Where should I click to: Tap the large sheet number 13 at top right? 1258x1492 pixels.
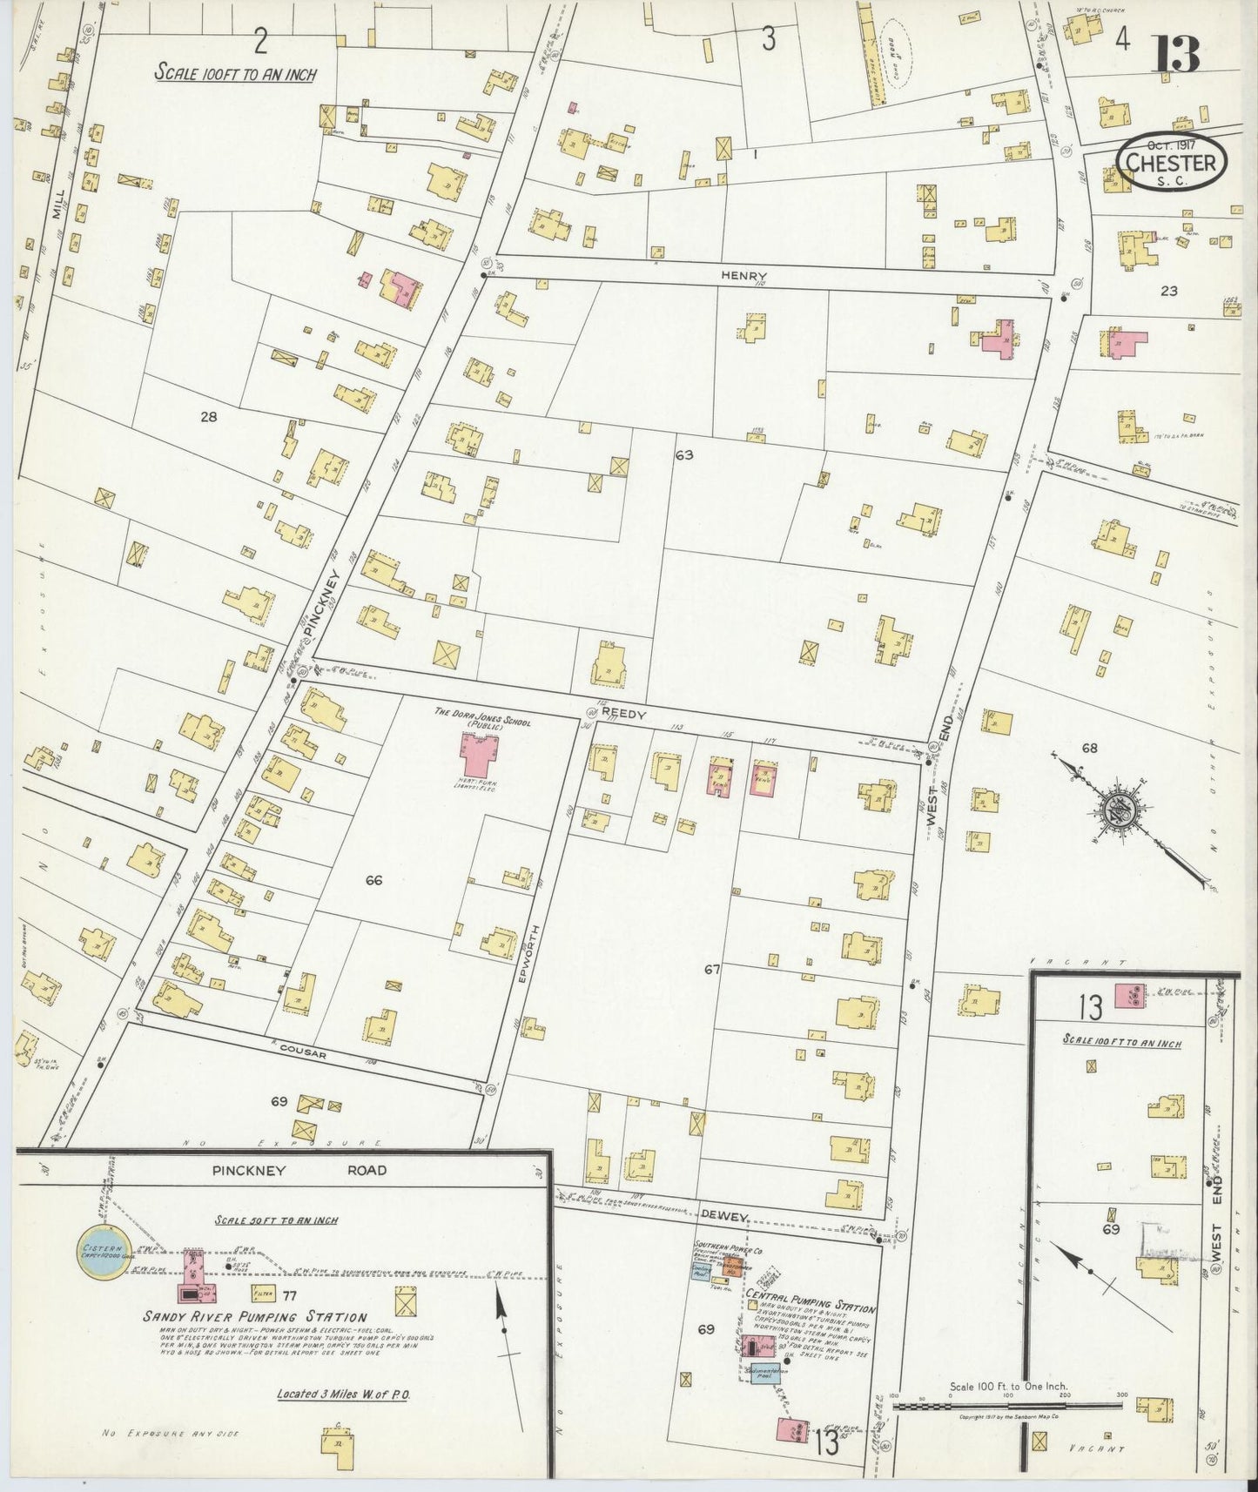(1178, 55)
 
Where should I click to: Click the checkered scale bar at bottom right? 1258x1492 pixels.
(1008, 1404)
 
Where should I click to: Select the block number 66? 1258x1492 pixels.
(373, 880)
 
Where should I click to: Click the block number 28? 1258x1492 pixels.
(208, 416)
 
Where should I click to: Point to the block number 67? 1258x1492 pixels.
(712, 969)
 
